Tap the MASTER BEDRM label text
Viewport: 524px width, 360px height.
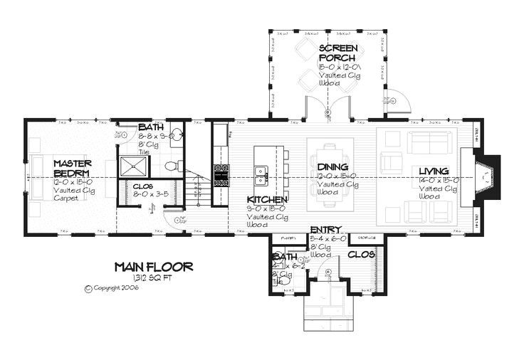coord(71,169)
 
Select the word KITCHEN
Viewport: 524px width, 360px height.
coord(267,200)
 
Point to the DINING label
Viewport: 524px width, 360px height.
coord(332,167)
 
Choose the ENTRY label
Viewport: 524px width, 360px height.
coord(326,230)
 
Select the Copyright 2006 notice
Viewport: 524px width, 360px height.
coord(111,289)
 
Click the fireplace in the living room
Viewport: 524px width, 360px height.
coord(486,174)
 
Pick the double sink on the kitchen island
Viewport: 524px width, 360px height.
coord(261,171)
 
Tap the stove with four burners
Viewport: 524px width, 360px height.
coord(221,171)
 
